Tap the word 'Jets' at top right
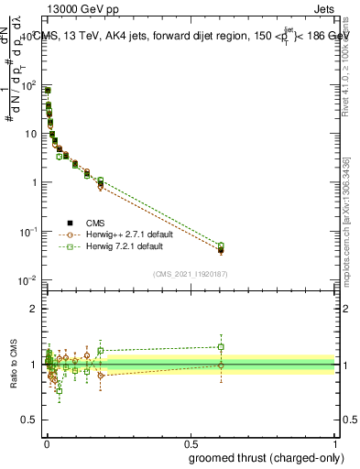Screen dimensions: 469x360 [324, 9]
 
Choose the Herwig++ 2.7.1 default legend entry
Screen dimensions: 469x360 [125, 234]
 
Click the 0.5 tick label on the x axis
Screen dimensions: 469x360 [191, 443]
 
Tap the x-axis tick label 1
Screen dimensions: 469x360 [335, 443]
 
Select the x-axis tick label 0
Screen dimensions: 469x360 [47, 443]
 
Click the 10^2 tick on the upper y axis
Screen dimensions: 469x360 [28, 85]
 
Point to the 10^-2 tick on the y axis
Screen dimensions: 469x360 [28, 280]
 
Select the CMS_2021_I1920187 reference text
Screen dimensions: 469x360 [191, 274]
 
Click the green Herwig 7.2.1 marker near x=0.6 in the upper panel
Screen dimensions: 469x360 [221, 245]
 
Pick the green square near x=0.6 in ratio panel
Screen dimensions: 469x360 [221, 347]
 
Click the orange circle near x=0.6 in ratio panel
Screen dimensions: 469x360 [221, 365]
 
